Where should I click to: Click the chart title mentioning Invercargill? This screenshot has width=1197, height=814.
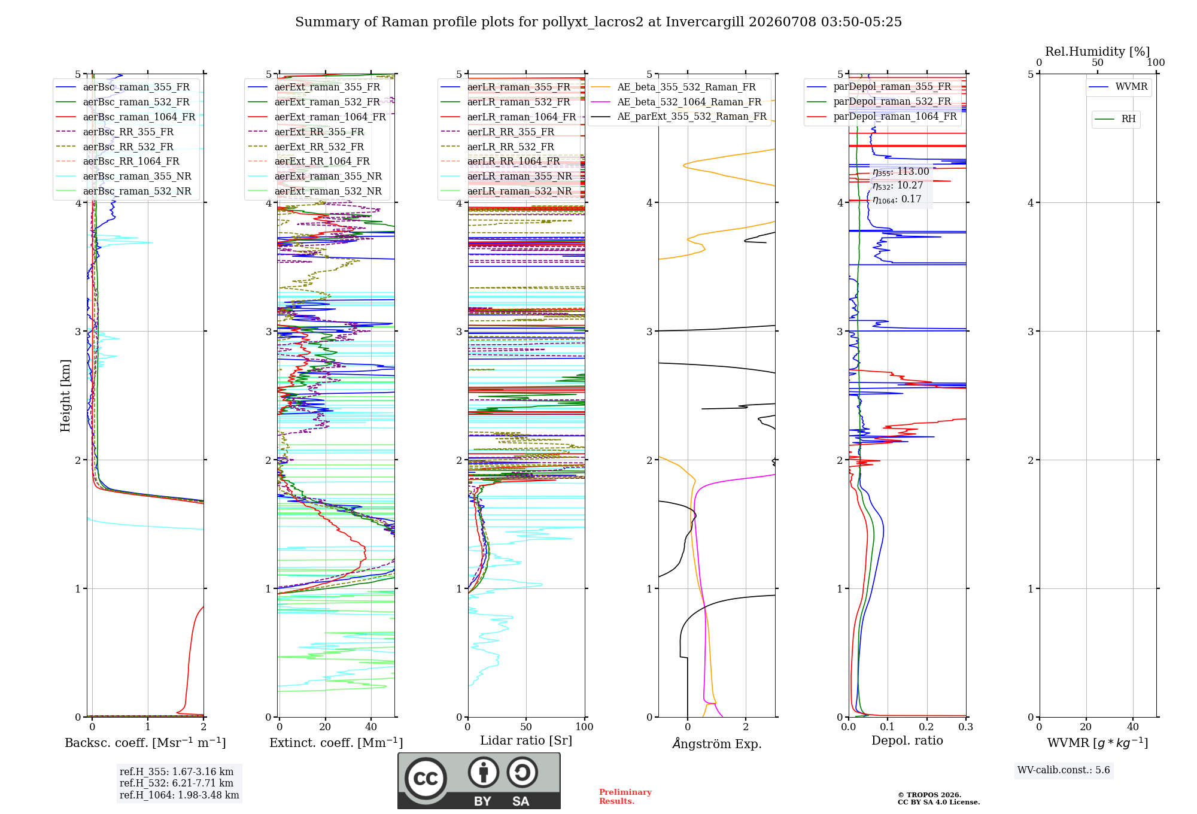tap(598, 22)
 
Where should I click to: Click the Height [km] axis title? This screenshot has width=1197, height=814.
tap(65, 396)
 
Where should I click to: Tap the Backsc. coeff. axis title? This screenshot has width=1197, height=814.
tap(145, 742)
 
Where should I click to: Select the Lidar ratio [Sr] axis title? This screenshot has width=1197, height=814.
tap(526, 740)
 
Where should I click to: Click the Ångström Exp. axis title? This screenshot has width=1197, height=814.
tap(717, 743)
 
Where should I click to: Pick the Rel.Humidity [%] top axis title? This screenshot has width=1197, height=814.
tap(1098, 51)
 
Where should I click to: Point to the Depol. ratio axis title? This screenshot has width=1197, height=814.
tap(907, 740)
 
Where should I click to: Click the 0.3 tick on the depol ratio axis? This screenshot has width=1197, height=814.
tap(966, 727)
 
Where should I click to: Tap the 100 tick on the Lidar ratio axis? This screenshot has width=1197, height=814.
tap(585, 727)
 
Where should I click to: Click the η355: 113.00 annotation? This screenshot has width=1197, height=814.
tap(901, 172)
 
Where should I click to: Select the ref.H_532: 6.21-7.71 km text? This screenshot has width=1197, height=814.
tap(177, 783)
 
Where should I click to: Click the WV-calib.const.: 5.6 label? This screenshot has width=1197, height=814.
tap(1064, 770)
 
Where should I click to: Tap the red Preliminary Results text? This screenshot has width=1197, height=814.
tap(625, 797)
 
